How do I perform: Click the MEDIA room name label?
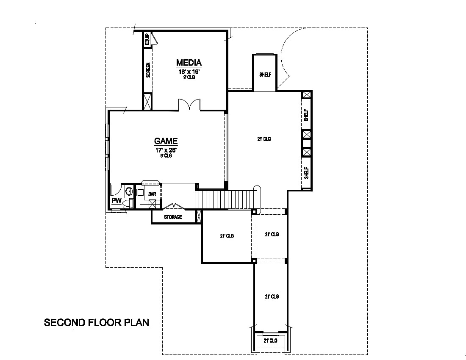(189, 63)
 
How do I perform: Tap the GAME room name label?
(166, 141)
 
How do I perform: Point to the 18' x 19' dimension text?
(189, 72)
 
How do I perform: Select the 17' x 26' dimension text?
(166, 150)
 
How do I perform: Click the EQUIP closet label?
(147, 40)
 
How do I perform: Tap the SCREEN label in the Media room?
(148, 70)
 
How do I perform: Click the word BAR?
(153, 194)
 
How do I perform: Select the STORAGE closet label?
(173, 217)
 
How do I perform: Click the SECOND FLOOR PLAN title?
(97, 322)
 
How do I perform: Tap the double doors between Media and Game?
(189, 105)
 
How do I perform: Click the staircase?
(226, 199)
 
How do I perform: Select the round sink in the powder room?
(128, 191)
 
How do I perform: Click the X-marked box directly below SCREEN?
(147, 102)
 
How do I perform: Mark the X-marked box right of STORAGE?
(199, 216)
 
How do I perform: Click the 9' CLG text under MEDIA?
(189, 77)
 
